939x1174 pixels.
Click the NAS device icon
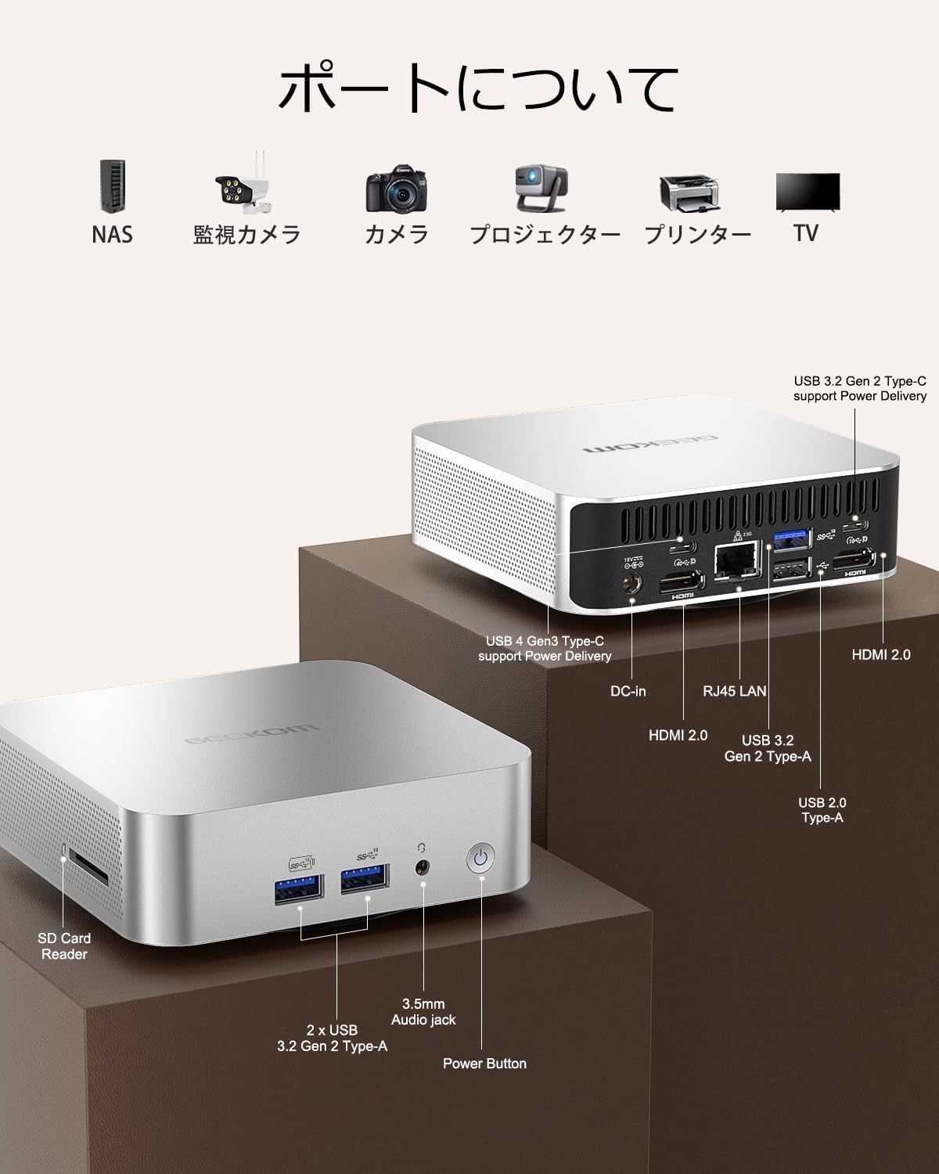[112, 186]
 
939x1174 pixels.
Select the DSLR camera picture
[397, 189]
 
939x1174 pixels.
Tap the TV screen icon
[807, 193]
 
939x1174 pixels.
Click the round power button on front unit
[480, 859]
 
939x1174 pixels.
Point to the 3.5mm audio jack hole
[423, 867]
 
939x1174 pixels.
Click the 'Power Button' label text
[484, 1063]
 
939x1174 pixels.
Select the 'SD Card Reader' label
[64, 945]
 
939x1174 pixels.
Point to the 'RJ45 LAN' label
[734, 690]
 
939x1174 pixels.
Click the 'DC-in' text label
[628, 690]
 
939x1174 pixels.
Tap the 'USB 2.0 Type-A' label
[822, 809]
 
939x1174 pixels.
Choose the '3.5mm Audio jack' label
[423, 1011]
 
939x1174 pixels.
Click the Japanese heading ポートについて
[477, 88]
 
